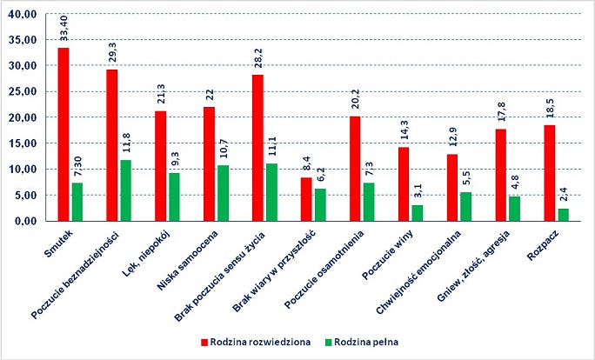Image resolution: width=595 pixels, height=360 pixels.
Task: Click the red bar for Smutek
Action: click(x=64, y=135)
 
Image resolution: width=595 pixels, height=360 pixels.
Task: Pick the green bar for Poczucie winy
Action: click(x=417, y=213)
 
